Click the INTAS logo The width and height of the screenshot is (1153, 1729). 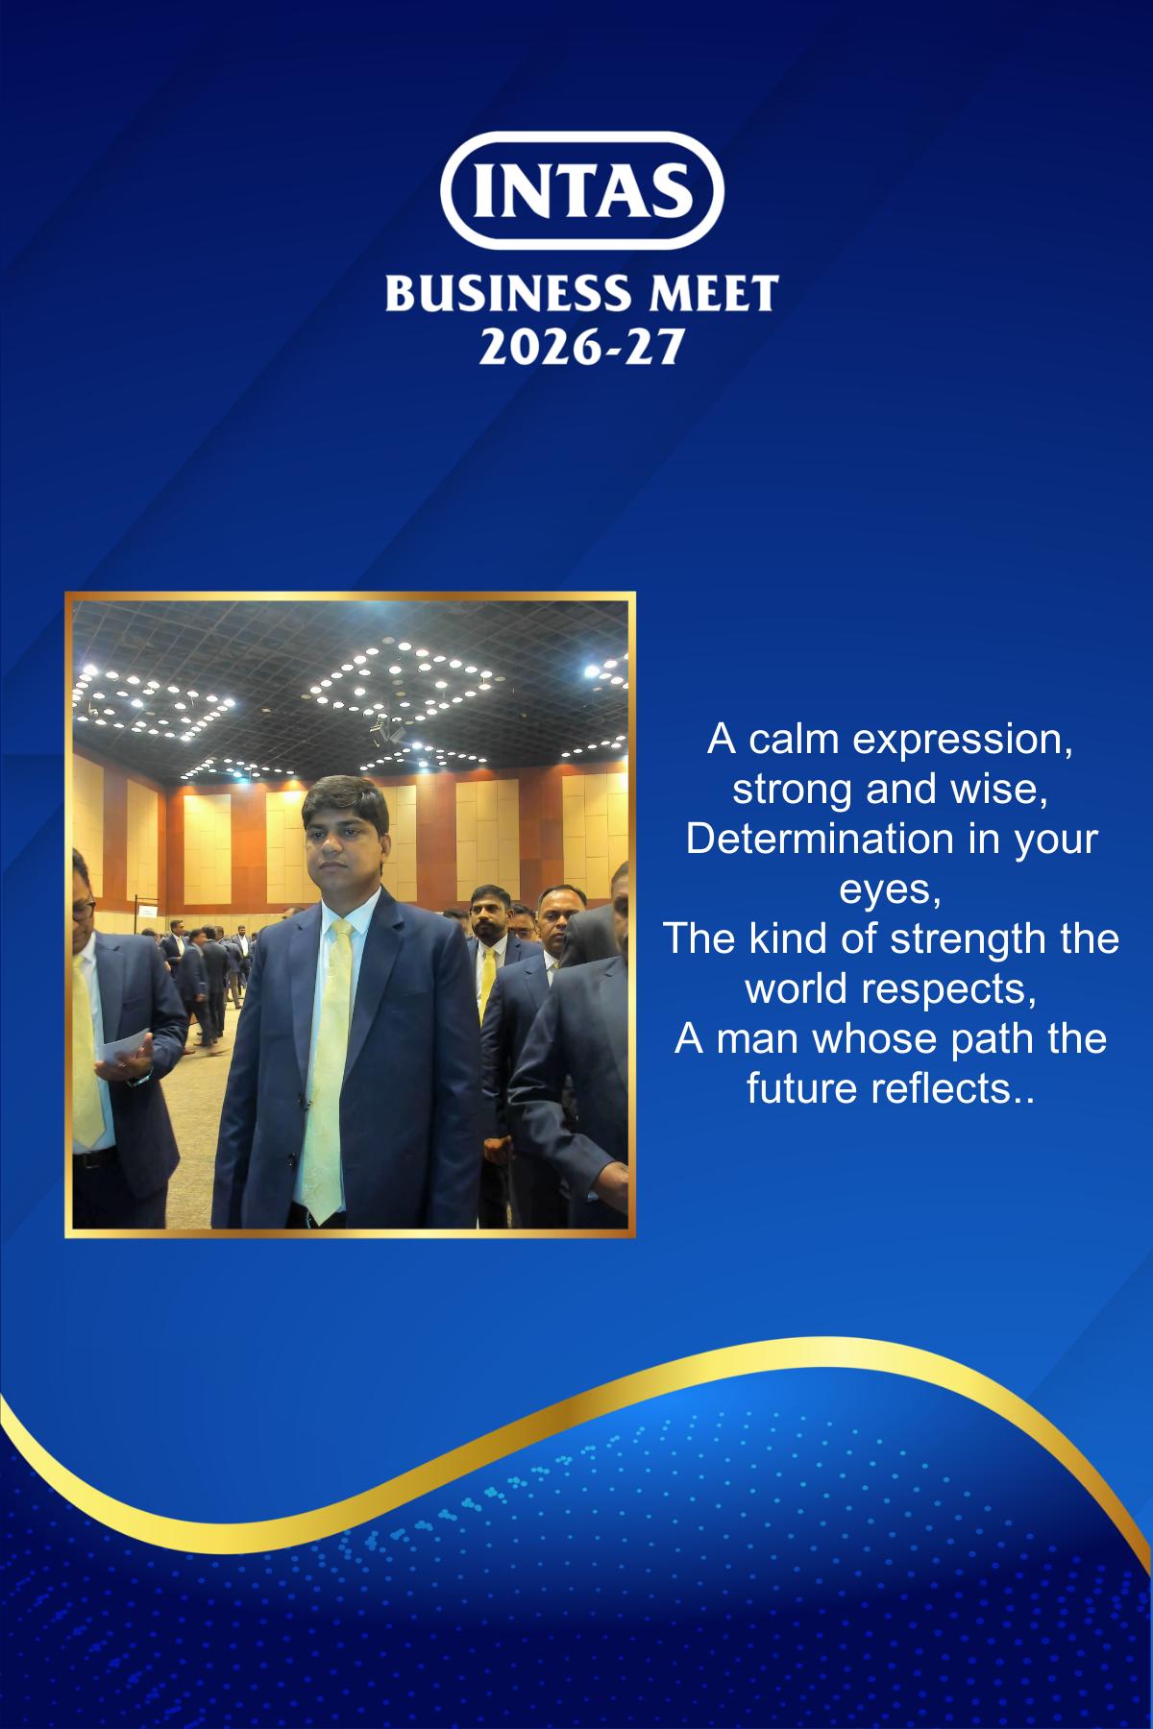pyautogui.click(x=582, y=189)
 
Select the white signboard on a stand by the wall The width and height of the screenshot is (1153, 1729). pyautogui.click(x=149, y=912)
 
